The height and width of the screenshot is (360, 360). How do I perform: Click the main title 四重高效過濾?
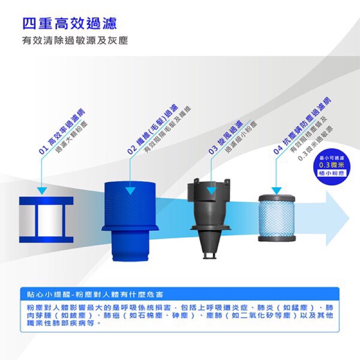(x=70, y=23)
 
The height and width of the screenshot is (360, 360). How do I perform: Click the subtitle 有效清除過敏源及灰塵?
(x=75, y=41)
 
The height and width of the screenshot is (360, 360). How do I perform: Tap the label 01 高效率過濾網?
(x=62, y=131)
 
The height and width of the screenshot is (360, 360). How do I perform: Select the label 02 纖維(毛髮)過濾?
(x=153, y=129)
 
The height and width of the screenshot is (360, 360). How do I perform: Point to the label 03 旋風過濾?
(x=226, y=137)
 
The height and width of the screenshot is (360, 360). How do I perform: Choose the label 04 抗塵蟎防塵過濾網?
(x=302, y=126)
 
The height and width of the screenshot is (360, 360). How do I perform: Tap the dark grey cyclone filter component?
(x=209, y=218)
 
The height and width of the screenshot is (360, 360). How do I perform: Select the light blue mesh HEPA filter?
(x=277, y=218)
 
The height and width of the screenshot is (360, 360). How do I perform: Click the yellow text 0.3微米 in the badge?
(x=332, y=165)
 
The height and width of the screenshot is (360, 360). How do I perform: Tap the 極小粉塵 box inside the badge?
(x=332, y=173)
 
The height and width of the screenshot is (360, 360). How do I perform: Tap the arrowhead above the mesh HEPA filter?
(x=276, y=191)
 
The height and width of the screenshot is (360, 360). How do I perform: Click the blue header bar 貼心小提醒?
(x=180, y=294)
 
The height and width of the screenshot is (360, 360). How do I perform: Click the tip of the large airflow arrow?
(x=349, y=219)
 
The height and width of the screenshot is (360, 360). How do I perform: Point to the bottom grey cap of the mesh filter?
(x=277, y=238)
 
